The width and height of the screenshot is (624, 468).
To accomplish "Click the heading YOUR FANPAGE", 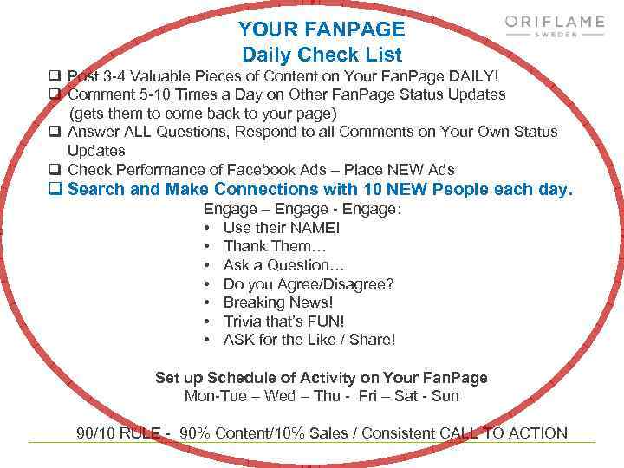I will [321, 30].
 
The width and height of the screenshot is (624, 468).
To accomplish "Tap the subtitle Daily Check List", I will [322, 55].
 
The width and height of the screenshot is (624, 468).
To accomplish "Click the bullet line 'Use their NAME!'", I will [281, 228].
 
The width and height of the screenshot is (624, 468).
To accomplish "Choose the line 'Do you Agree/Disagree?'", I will [308, 283].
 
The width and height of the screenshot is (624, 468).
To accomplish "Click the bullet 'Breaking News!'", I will [277, 302].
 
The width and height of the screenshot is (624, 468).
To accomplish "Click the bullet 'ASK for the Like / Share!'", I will [309, 340].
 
